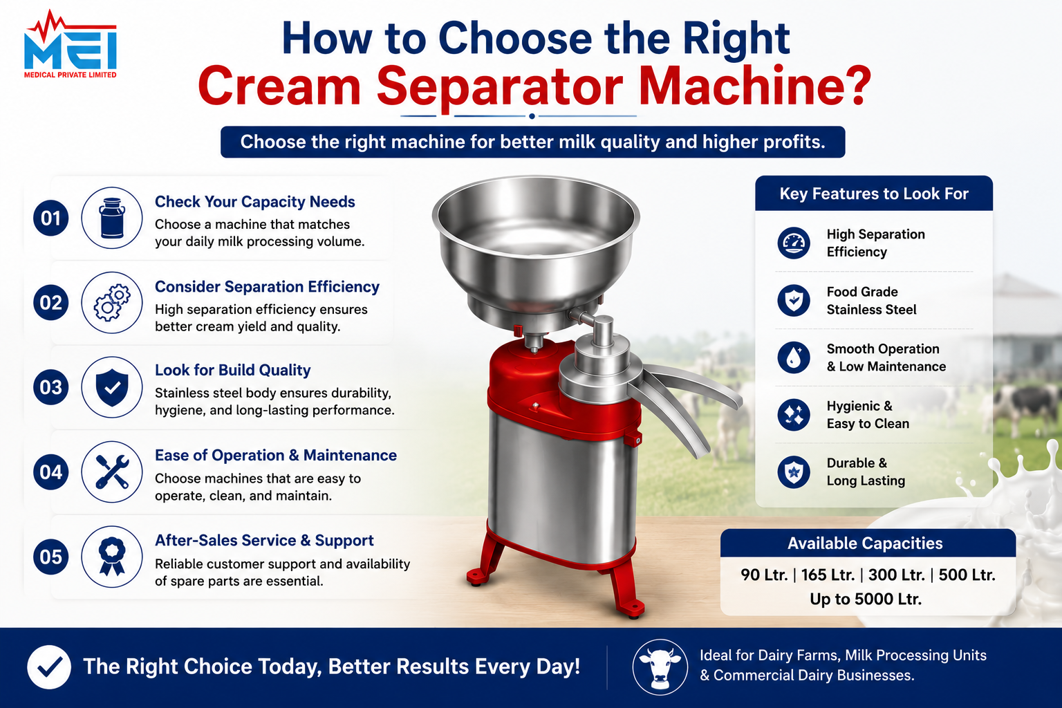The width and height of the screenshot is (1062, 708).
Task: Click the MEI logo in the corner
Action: click(x=70, y=44)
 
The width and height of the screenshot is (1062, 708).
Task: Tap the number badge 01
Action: click(x=50, y=218)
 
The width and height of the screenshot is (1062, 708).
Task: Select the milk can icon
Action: click(x=112, y=218)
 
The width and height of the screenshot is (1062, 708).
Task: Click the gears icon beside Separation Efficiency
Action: click(x=112, y=303)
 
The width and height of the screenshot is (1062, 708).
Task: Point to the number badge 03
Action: click(x=50, y=387)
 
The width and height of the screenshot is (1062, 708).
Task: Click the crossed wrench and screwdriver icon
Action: click(x=112, y=472)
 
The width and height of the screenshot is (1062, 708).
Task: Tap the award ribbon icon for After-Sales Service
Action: click(x=112, y=557)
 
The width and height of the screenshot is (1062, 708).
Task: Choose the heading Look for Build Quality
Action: click(x=233, y=370)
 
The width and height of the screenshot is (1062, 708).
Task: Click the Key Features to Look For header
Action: click(x=874, y=194)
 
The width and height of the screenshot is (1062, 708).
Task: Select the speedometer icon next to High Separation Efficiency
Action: click(x=794, y=243)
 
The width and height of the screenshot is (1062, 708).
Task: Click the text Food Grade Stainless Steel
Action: click(x=871, y=301)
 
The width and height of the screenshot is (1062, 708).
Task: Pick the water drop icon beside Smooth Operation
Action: click(x=794, y=357)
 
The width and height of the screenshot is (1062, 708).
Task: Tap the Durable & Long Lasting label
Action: click(x=866, y=472)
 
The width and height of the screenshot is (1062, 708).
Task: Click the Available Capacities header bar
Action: click(x=868, y=543)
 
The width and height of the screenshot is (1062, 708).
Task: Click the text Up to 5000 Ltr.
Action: click(x=866, y=599)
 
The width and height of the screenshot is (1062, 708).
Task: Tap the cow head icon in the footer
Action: click(x=660, y=667)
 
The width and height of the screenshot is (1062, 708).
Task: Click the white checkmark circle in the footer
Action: click(x=49, y=667)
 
